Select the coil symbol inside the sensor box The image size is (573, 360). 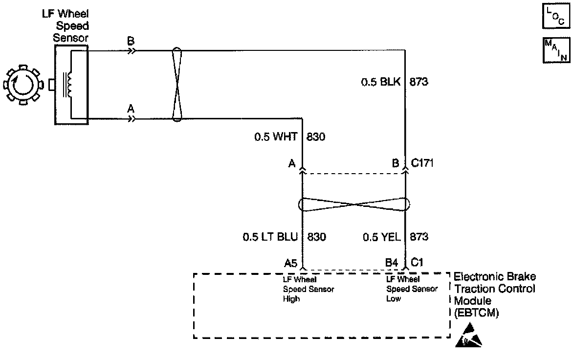coord(69,85)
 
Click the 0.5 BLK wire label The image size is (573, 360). coord(380,82)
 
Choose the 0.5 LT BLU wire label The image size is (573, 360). coord(270,237)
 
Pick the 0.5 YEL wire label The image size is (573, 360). coord(381,237)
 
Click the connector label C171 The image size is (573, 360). coord(421,163)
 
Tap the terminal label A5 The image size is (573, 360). coord(291,263)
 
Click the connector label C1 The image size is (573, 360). coord(417,263)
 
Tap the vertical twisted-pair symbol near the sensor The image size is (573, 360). coord(177,84)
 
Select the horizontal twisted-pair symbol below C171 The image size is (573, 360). coord(353,204)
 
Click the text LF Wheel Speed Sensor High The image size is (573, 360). coord(302,289)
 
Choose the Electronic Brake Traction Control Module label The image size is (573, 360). coord(494,295)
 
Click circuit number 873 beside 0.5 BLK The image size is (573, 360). coord(419,82)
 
